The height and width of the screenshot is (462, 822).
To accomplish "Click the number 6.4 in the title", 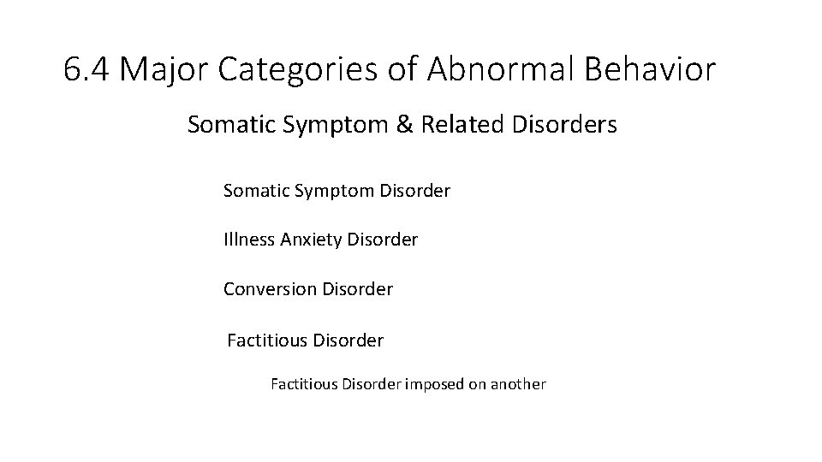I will click(x=86, y=70).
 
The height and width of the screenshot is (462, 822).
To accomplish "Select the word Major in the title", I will click(x=162, y=70).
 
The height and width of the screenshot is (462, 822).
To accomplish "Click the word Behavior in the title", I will click(x=650, y=70).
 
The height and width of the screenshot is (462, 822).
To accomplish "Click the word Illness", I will click(x=248, y=240).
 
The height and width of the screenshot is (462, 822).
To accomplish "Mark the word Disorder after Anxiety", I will click(x=383, y=240).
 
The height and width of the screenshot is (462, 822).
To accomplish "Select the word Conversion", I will click(x=270, y=289).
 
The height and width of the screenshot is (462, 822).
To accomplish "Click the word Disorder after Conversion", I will click(x=358, y=289).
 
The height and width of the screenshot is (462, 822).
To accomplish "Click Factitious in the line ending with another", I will click(x=304, y=384).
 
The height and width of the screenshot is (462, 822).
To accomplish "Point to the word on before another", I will click(x=475, y=385).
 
